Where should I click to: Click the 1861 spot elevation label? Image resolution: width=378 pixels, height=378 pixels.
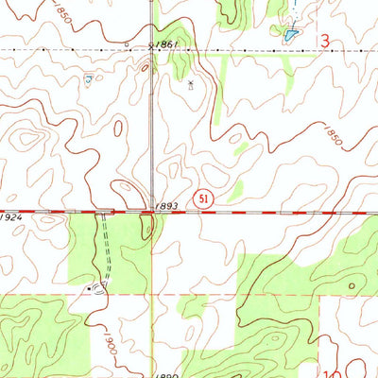point(168,44)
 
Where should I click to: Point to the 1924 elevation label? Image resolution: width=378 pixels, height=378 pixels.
point(10,217)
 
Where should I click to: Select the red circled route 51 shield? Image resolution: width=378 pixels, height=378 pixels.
point(202,198)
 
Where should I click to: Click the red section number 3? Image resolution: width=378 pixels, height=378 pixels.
point(325,43)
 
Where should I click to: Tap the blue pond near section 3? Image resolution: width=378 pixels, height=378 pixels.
point(289,35)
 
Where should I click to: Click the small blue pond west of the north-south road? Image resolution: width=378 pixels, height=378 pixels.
point(88,81)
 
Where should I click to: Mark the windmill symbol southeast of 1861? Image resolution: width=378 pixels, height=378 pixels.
point(191,85)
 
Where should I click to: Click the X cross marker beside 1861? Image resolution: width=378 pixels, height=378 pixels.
point(150,44)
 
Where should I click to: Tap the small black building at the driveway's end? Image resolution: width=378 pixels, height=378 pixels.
point(91,285)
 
